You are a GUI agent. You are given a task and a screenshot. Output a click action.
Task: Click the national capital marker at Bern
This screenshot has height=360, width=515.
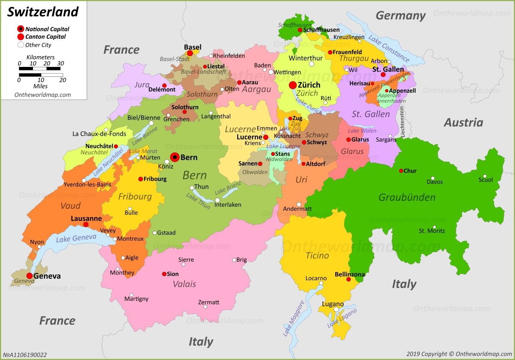tap(175, 157)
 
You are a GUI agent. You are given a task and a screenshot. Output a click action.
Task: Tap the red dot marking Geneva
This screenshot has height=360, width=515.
tap(29, 276)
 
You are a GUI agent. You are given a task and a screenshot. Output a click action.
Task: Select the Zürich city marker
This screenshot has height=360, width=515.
tap(293, 85)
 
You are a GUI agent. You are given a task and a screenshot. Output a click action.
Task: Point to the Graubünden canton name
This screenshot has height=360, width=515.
tap(407, 197)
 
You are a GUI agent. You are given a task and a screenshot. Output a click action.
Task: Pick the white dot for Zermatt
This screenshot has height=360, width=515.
tap(205, 306)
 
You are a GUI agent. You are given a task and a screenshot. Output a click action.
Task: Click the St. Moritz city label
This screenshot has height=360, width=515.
tap(432, 231)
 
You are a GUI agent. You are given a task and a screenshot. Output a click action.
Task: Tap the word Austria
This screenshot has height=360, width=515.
tap(463, 123)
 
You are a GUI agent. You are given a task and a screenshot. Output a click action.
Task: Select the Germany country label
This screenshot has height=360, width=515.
tap(400, 16)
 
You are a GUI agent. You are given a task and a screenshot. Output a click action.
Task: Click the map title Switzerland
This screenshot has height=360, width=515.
tap(43, 12)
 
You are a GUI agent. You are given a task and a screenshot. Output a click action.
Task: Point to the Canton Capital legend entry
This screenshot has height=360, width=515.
tap(45, 37)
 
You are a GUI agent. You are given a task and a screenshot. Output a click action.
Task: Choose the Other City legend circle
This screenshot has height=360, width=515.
tap(20, 45)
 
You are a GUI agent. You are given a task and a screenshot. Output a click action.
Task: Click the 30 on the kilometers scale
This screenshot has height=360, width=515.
tap(60, 64)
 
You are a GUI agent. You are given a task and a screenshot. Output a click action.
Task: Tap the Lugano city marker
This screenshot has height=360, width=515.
tap(336, 309)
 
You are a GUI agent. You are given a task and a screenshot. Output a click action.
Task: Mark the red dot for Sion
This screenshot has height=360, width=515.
tap(164, 274)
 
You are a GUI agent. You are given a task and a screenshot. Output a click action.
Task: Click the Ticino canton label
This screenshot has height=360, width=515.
tap(317, 256)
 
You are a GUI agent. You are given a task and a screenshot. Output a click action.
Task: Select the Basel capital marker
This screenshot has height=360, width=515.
tap(190, 53)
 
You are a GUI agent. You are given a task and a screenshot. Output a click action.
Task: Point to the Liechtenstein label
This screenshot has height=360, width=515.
tap(403, 122)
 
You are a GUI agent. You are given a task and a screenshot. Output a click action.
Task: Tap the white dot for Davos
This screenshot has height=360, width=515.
tap(433, 178)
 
